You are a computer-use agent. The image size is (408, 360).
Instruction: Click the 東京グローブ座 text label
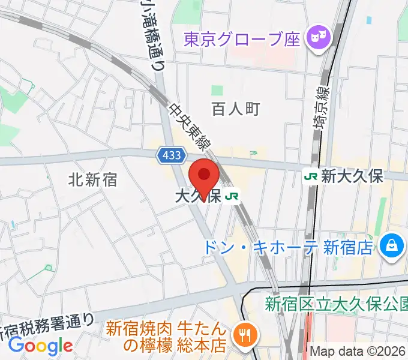click(242, 40)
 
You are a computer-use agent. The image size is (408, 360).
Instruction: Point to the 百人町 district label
click(235, 109)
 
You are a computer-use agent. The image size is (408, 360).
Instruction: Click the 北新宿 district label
click(92, 179)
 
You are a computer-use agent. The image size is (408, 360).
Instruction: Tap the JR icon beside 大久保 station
click(232, 196)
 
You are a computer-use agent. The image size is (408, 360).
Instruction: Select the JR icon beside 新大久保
click(311, 176)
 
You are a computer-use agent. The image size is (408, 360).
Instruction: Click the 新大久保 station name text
click(352, 176)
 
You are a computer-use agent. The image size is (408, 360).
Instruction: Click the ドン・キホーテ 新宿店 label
click(289, 247)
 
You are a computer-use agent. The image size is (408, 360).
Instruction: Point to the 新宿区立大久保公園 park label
click(337, 304)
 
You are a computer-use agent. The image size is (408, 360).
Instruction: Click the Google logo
click(40, 345)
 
